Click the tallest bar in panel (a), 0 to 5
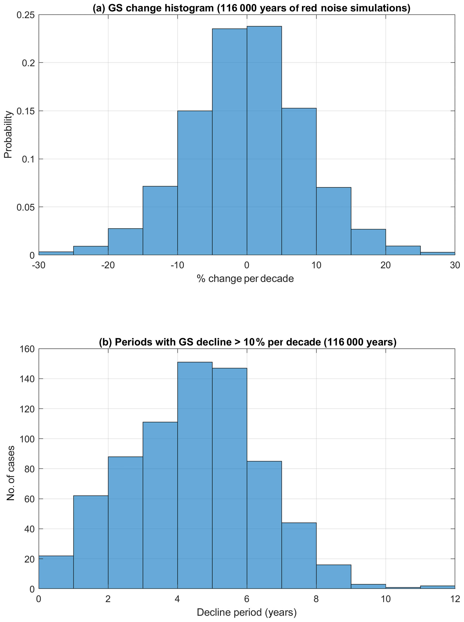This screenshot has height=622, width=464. pyautogui.click(x=264, y=140)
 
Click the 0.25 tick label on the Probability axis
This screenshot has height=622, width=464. pyautogui.click(x=26, y=15)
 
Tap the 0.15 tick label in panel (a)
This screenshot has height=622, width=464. pyautogui.click(x=26, y=111)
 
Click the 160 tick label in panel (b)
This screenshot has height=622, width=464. pyautogui.click(x=27, y=349)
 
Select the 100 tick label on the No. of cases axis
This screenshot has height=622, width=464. pyautogui.click(x=27, y=439)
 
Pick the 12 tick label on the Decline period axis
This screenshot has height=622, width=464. pyautogui.click(x=455, y=600)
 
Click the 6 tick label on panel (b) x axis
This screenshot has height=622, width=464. pyautogui.click(x=247, y=600)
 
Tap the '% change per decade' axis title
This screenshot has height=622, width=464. pyautogui.click(x=245, y=279)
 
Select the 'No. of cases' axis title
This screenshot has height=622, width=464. pyautogui.click(x=11, y=473)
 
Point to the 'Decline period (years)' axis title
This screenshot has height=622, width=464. pyautogui.click(x=247, y=612)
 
